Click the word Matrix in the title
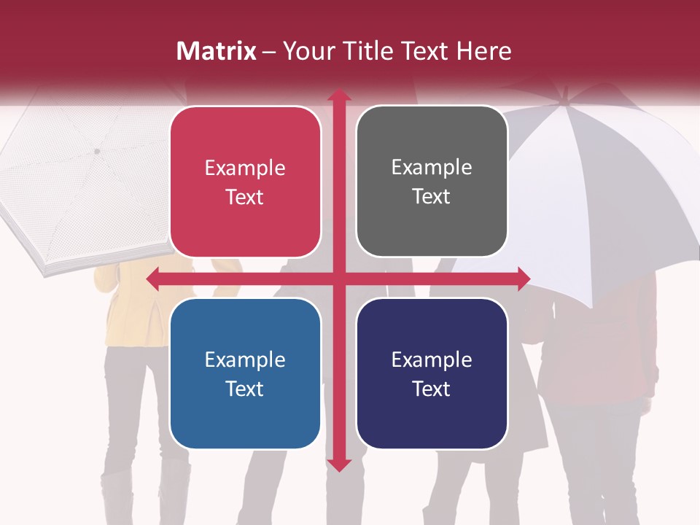pyautogui.click(x=217, y=51)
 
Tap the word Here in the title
pyautogui.click(x=483, y=51)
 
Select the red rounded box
pyautogui.click(x=245, y=182)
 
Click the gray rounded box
pyautogui.click(x=432, y=182)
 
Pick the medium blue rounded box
pyautogui.click(x=245, y=373)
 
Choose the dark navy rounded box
pyautogui.click(x=432, y=373)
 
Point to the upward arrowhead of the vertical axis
pyautogui.click(x=338, y=96)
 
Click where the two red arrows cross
pyautogui.click(x=338, y=278)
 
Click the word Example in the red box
pyautogui.click(x=245, y=168)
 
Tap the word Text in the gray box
pyautogui.click(x=432, y=197)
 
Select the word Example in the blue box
pyautogui.click(x=245, y=359)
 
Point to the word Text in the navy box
pyautogui.click(x=432, y=389)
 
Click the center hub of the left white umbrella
pyautogui.click(x=96, y=151)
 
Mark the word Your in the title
pyautogui.click(x=307, y=51)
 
